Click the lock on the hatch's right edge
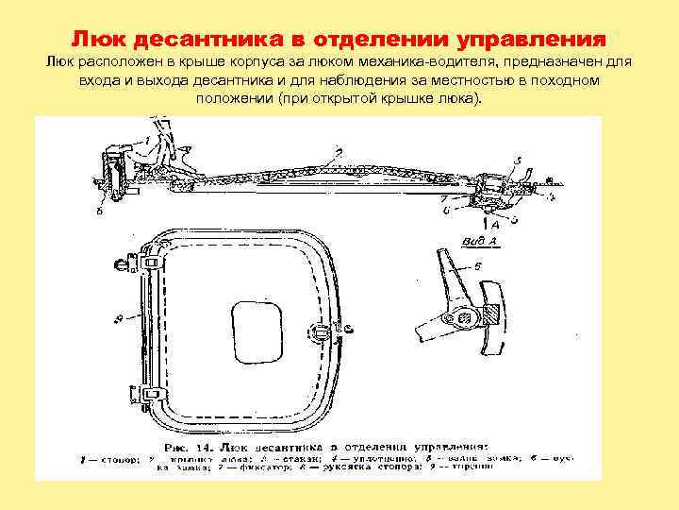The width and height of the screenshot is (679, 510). [x=323, y=331]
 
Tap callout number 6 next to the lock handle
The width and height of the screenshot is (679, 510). [x=477, y=267]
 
